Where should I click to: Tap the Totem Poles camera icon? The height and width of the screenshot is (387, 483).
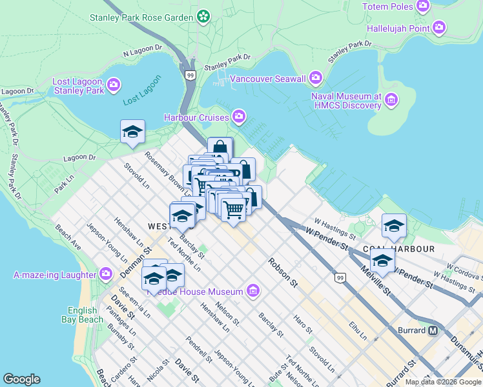[423, 6]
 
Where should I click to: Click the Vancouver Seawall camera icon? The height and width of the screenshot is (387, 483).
[316, 78]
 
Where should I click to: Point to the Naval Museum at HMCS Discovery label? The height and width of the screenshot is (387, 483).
[346, 101]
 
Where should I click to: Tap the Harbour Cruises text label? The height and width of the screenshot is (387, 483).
[196, 117]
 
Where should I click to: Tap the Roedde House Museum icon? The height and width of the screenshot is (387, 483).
[253, 292]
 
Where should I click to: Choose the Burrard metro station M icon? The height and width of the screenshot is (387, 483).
[433, 330]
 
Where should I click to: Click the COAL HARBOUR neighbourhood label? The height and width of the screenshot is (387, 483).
[398, 248]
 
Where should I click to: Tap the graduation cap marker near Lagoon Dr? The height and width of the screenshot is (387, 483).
[132, 132]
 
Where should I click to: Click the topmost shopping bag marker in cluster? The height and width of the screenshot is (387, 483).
[220, 148]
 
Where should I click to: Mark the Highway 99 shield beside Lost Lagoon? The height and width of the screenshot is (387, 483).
[190, 75]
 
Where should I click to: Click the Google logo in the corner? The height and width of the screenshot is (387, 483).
[21, 379]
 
